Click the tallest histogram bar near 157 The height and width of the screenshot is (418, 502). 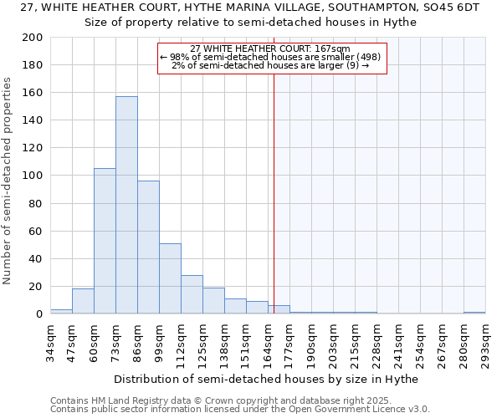[126, 205]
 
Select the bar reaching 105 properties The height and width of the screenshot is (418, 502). [105, 241]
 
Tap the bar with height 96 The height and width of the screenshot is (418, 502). [148, 247]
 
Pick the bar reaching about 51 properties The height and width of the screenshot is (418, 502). [170, 278]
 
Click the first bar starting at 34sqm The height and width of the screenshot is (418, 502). [61, 311]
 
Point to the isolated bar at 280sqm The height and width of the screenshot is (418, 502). [474, 313]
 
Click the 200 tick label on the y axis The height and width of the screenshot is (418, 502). [33, 38]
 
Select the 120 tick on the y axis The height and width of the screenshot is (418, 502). [33, 148]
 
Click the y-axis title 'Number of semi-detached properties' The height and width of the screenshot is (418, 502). [8, 181]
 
